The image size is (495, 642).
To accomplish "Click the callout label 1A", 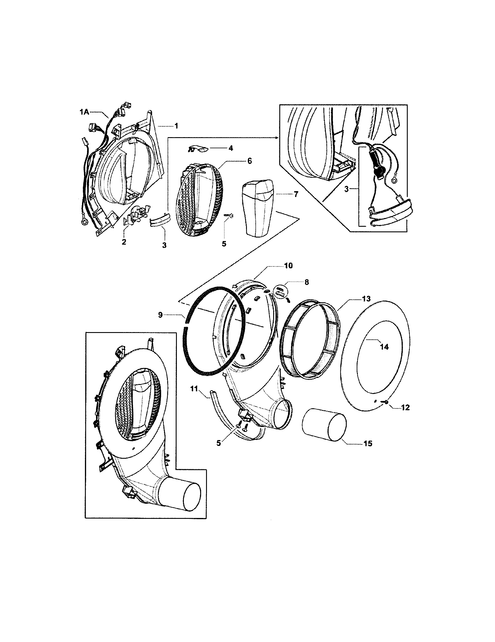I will [84, 112].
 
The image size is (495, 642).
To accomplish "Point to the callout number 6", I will [249, 161].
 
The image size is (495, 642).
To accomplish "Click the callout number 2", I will [124, 242].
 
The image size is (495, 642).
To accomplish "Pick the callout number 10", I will [288, 266].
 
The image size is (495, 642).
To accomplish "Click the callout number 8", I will [306, 282].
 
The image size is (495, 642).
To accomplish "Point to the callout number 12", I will [405, 408].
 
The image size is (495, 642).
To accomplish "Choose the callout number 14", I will [384, 347].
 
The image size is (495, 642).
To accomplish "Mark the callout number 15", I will [368, 443].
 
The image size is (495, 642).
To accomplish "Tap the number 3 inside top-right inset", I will [346, 189].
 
